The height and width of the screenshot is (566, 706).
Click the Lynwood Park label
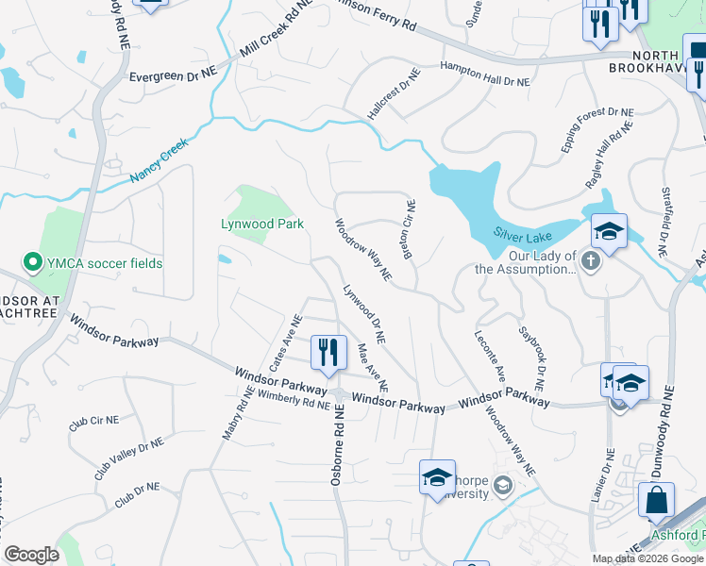click(262, 224)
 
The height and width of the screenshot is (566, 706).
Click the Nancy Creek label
click(160, 158)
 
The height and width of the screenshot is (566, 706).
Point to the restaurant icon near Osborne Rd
click(328, 353)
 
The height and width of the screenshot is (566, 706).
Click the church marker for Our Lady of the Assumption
click(591, 260)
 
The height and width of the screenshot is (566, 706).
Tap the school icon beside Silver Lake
click(609, 232)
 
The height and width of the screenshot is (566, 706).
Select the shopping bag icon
click(656, 500)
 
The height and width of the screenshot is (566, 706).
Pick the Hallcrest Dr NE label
click(394, 92)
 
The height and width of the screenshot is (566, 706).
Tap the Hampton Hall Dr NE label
click(485, 75)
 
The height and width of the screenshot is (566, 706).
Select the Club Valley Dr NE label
click(128, 458)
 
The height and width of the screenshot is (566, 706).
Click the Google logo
click(31, 555)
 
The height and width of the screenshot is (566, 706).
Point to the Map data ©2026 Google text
click(647, 558)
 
